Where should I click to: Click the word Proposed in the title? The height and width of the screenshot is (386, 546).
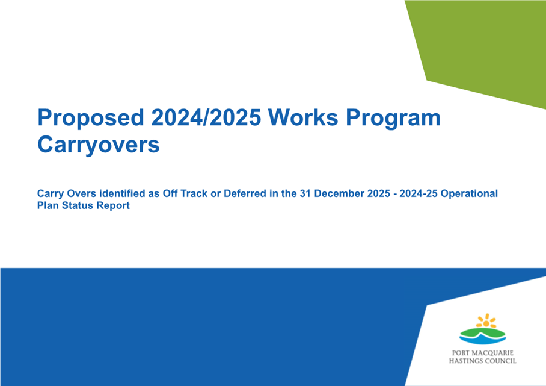click(91, 118)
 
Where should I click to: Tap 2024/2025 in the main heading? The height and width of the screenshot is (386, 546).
click(206, 117)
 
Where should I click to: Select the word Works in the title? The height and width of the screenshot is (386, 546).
click(303, 117)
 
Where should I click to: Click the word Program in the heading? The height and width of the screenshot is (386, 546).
click(393, 119)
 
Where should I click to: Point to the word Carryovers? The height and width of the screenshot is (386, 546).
click(98, 145)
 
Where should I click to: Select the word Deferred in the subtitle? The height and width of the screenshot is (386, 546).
click(245, 193)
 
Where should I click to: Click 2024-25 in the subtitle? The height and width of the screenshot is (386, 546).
click(418, 193)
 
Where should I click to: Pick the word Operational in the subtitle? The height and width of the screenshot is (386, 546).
click(469, 194)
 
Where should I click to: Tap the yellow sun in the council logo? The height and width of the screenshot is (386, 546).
click(486, 321)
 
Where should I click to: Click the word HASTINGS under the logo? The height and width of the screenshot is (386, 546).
click(465, 361)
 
